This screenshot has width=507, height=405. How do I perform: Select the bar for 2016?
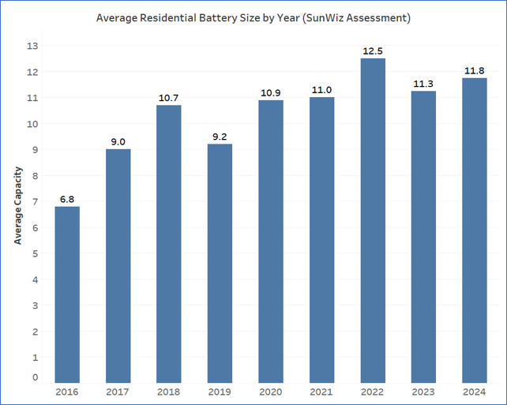[67, 294]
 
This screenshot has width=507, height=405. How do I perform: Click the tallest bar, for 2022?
[373, 221]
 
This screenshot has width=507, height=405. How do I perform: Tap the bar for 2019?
[220, 264]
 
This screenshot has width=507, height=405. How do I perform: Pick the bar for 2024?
[475, 231]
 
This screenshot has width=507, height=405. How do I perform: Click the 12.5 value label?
[373, 51]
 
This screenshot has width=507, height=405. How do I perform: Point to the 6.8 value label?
[67, 200]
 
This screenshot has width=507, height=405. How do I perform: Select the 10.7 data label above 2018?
[168, 98]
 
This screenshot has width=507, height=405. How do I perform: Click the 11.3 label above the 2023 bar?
[423, 84]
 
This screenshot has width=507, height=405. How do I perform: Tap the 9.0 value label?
[118, 142]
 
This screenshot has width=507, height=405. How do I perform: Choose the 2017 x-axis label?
[118, 392]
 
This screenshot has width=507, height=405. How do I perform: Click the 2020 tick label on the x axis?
[271, 392]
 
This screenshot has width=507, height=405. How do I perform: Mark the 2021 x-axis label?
[321, 392]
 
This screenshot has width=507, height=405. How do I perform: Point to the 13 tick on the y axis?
[32, 46]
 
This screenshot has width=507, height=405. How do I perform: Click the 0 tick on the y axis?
[36, 377]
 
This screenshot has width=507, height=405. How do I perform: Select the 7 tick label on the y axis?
[36, 201]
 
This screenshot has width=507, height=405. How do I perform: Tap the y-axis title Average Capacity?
[18, 205]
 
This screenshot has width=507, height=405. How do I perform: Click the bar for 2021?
[321, 240]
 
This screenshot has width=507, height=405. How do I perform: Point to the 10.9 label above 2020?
[271, 93]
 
